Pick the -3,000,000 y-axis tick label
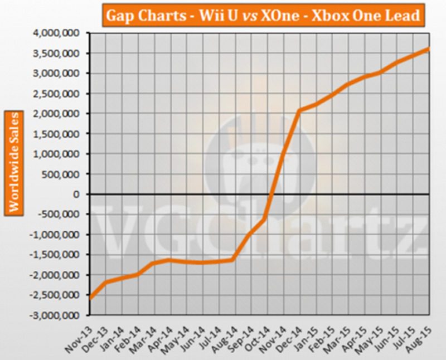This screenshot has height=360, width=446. coord(61,315)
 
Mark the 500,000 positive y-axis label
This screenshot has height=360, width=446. coord(66,174)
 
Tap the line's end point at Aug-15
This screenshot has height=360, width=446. coord(428,49)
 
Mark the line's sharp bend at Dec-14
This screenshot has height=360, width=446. coord(299,110)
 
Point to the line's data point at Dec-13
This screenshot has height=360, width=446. coord(105,282)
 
